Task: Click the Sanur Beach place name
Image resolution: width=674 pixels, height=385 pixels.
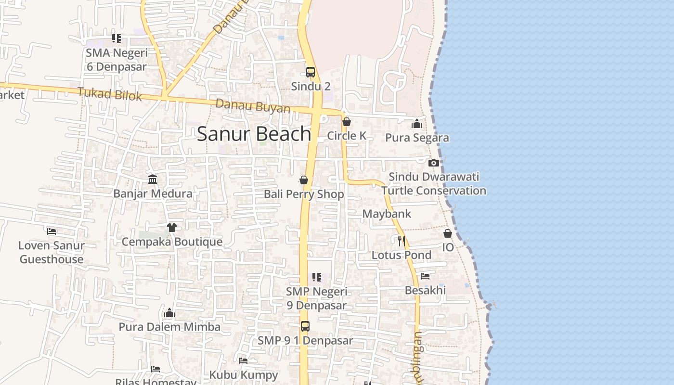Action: coord(254,134)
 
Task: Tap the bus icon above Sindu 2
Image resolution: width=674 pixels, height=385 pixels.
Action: coord(311,72)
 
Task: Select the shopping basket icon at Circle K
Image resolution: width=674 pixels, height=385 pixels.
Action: coord(346,122)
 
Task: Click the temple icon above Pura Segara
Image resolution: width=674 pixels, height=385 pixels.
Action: coord(417,124)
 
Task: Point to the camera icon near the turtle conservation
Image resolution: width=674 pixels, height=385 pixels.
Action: coord(434,163)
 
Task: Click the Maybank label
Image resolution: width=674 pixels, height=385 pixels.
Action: coord(387,214)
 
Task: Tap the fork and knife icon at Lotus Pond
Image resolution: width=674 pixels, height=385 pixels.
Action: coord(401,241)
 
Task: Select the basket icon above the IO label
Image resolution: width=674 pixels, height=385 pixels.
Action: coord(448,233)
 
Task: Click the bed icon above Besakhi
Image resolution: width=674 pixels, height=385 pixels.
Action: coord(425,276)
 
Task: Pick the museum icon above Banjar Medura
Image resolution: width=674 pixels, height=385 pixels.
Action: coord(153,180)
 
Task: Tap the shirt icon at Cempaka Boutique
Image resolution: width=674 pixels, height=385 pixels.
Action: coord(171,227)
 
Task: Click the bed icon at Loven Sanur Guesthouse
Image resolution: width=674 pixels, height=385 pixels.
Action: coord(52,231)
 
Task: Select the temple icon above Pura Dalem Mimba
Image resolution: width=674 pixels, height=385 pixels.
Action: coord(169,313)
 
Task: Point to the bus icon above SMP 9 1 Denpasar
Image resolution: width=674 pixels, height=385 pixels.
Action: coord(305,326)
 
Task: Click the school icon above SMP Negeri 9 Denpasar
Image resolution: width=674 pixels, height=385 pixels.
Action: coord(316,277)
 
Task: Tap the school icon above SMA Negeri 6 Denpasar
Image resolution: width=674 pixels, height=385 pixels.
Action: coord(116,38)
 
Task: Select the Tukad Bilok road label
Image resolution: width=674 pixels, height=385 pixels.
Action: coord(110,94)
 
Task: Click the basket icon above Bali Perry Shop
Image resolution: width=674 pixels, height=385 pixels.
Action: coord(304,180)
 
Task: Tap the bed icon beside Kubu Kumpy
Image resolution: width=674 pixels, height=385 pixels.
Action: coord(243,360)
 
